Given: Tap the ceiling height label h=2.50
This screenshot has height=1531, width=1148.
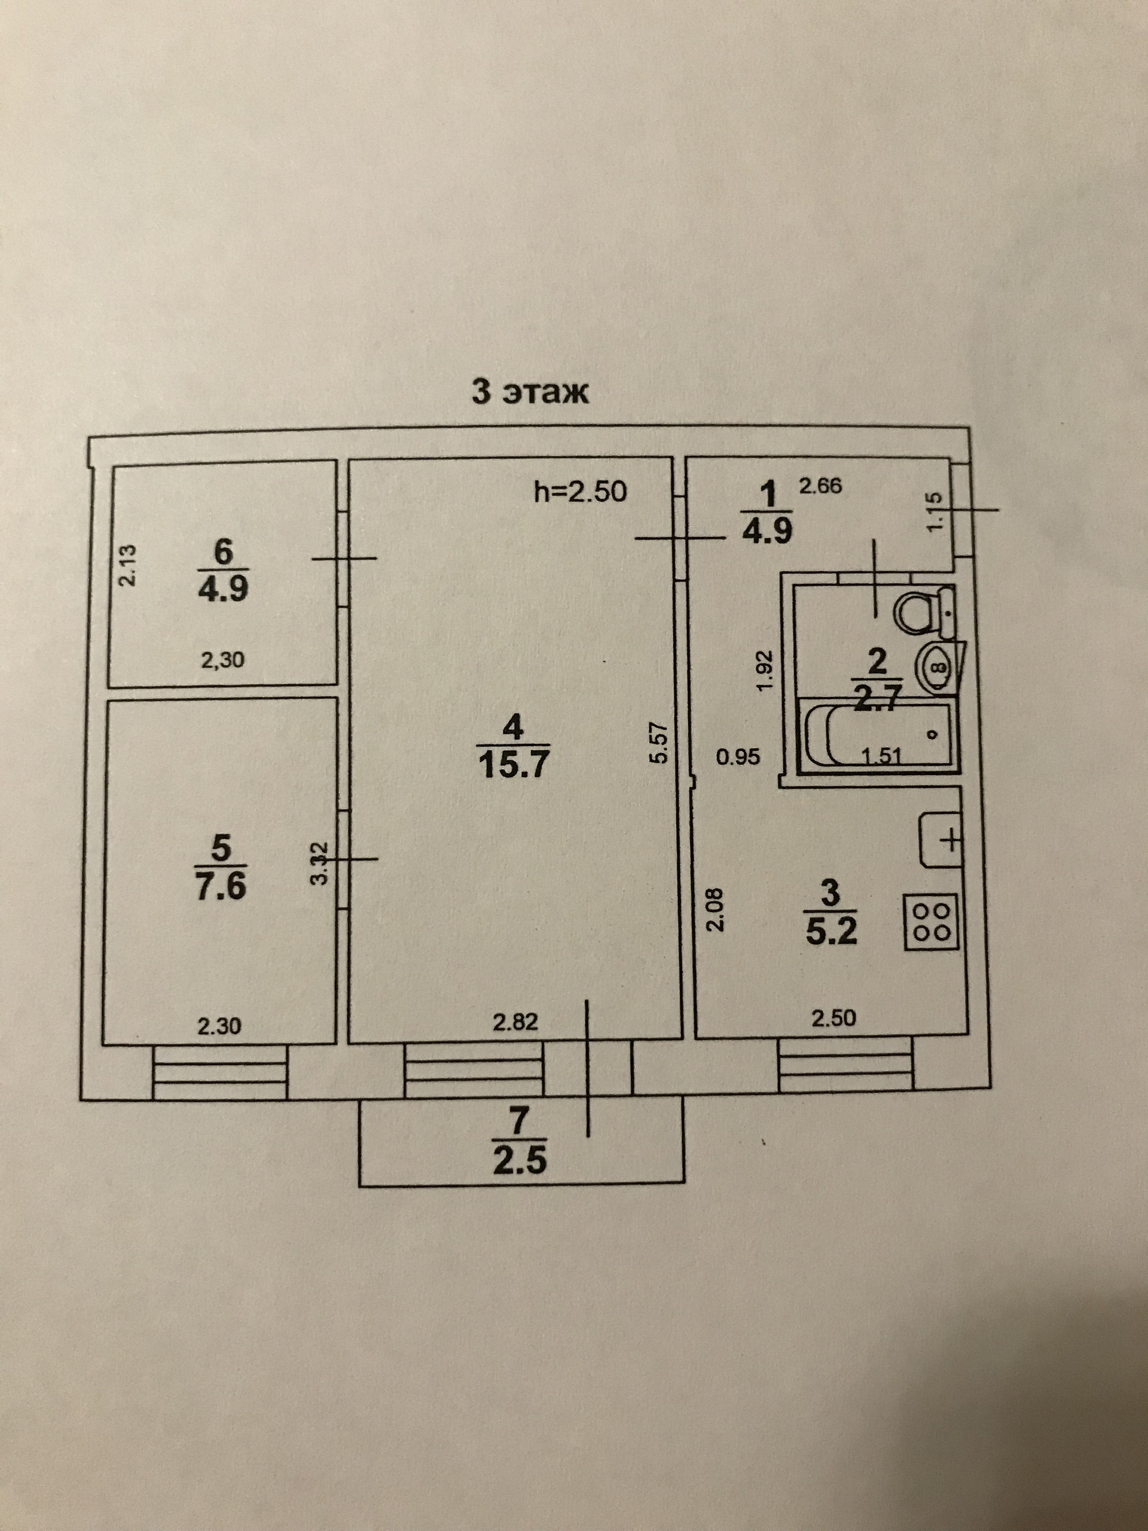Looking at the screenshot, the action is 581,492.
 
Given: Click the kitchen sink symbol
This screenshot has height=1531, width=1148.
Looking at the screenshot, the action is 942,840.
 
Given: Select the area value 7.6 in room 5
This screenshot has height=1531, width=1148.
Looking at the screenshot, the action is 221,887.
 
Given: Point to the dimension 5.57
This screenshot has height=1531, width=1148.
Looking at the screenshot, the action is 658,743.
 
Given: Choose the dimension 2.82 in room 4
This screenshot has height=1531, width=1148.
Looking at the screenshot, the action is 515,1022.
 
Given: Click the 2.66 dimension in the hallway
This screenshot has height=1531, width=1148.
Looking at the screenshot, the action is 821,487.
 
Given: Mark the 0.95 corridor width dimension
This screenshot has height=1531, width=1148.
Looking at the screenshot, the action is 738,757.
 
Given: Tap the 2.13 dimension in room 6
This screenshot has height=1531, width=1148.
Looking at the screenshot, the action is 129,566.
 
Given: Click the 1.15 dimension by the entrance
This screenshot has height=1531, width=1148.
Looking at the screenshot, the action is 934,511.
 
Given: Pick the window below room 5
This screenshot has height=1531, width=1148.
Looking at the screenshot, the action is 219,1073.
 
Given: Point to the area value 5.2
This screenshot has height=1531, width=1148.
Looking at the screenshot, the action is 831,932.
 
